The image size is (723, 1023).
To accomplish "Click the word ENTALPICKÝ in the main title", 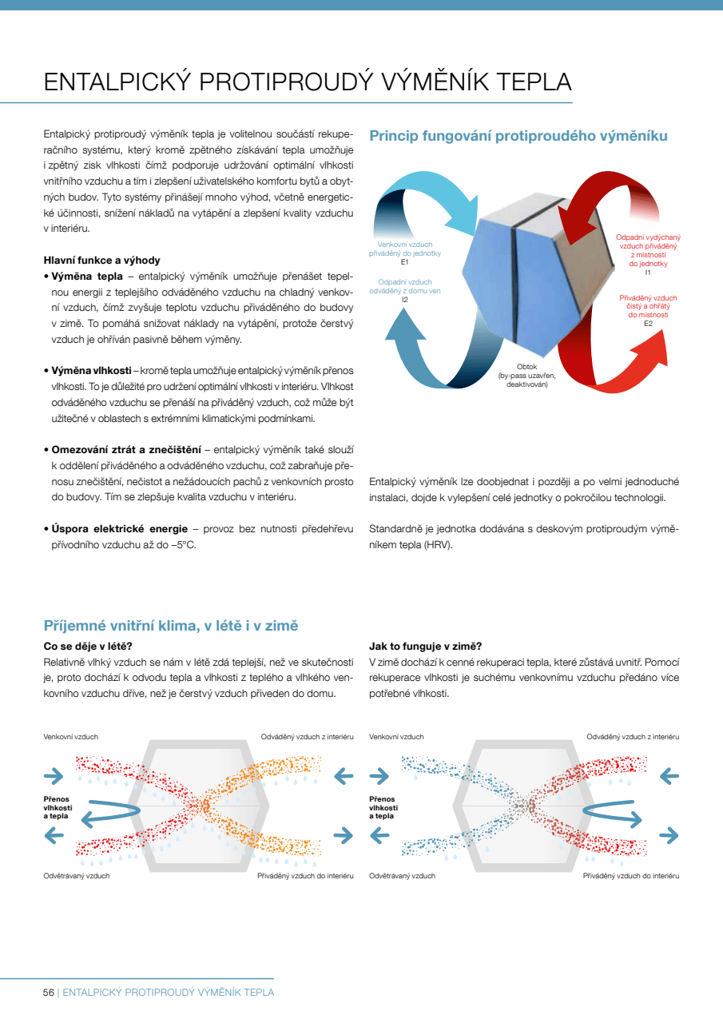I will [x=117, y=82].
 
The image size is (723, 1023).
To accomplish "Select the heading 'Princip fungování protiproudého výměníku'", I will [x=518, y=136].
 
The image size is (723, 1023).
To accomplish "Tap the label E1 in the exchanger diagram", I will [x=404, y=261].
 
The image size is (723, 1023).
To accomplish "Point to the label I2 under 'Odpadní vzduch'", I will [x=404, y=299].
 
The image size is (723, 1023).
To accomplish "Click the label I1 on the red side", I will [x=648, y=273].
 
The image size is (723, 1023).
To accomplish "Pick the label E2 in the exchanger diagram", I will [x=648, y=323].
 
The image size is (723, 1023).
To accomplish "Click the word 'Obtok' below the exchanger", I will [x=526, y=367].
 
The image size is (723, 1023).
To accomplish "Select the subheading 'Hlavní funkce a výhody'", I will [x=101, y=260].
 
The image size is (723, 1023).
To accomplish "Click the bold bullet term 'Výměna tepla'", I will [x=82, y=277].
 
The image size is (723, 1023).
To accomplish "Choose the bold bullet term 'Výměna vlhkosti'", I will [x=91, y=371].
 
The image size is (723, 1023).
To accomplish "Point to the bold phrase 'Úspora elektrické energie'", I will [x=120, y=528].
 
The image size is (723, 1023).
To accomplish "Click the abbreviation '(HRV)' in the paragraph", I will [x=438, y=544].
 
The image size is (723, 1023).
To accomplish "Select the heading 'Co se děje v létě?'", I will [x=87, y=646].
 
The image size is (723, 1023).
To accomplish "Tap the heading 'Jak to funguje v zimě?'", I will [x=425, y=646].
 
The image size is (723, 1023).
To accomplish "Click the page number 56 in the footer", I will [x=49, y=992].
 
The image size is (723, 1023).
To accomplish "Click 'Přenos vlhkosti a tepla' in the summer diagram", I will [x=58, y=807].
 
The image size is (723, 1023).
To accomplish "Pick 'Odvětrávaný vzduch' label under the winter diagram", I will [x=402, y=876].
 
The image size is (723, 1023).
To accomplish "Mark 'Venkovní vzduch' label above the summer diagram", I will [x=70, y=736].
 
